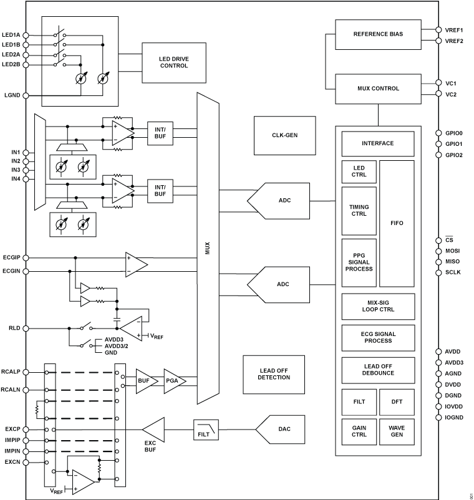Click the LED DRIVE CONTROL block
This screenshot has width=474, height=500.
click(173, 62)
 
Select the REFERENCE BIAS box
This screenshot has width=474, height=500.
click(378, 34)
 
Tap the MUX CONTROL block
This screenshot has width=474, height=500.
click(378, 89)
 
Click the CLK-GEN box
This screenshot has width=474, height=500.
click(278, 135)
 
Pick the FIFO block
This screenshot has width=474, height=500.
click(397, 223)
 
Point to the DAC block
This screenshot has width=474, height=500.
click(283, 429)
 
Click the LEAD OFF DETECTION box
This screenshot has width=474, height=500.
click(274, 374)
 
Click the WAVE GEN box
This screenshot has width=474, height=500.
click(397, 431)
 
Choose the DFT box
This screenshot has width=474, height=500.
click(397, 402)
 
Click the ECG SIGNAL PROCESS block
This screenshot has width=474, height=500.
click(378, 337)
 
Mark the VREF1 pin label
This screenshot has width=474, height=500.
click(454, 29)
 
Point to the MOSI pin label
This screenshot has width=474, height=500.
click(453, 251)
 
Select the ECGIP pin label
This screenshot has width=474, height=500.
click(12, 256)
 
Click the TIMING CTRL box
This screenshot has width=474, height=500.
click(359, 209)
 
